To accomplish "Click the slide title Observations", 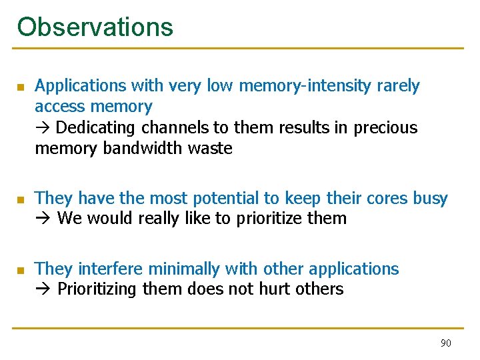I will point(95,27).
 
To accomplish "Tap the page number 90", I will point(445,343).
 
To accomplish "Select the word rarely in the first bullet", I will point(398,86).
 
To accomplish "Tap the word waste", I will point(210,148).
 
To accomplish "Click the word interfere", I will point(111,269).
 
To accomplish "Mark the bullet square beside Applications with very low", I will point(20,87).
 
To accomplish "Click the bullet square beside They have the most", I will point(20,199).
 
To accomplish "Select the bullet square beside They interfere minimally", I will point(20,270).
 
